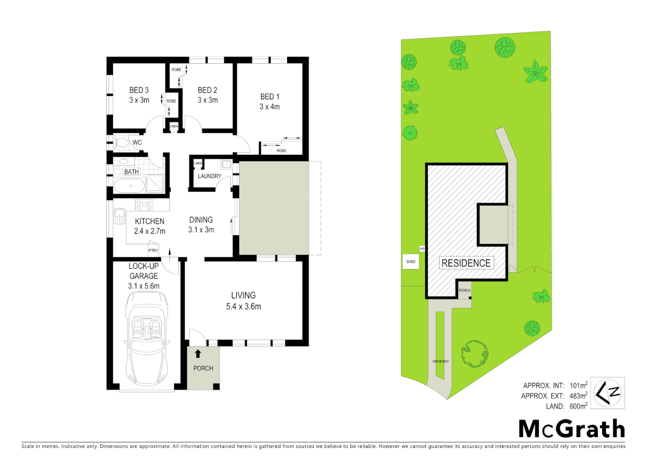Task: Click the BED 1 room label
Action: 270,97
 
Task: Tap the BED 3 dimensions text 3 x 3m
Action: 139,100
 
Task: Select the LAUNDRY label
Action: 209,176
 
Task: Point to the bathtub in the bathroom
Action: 129,185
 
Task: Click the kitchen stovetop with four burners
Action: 144,205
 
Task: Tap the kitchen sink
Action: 119,216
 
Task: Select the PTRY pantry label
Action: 153,251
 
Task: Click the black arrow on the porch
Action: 198,354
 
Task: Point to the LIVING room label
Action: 243,295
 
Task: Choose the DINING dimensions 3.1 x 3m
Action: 201,230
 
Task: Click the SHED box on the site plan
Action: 411,262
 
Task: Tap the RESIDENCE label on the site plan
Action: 466,263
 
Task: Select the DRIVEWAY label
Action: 441,361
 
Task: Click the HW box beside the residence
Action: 422,249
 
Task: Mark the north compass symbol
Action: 607,393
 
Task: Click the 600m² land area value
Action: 578,406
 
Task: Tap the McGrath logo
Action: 572,429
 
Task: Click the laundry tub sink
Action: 226,164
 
